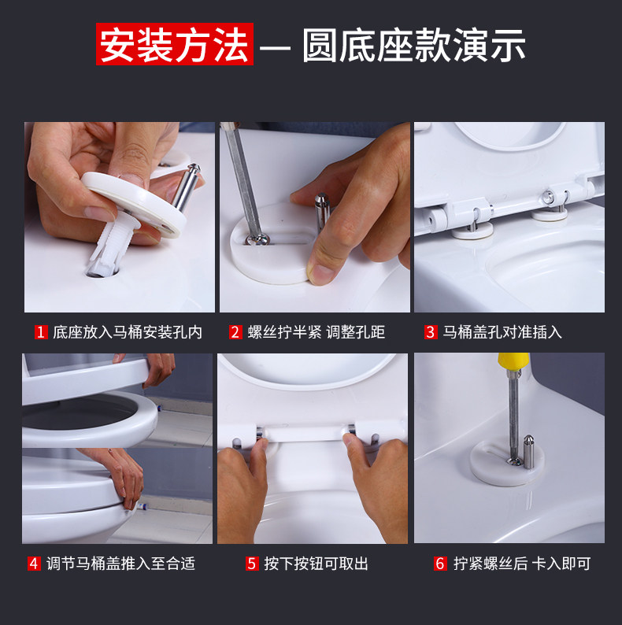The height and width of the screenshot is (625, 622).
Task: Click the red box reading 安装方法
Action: click(x=175, y=44)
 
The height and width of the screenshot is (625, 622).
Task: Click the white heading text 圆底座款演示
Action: click(x=414, y=45)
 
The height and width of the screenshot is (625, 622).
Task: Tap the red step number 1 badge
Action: click(x=41, y=332)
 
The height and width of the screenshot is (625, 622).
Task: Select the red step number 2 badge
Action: click(x=235, y=332)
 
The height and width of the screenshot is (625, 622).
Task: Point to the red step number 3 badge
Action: click(x=431, y=332)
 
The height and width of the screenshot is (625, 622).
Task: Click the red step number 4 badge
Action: click(x=34, y=564)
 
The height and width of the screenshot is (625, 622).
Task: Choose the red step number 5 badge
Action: click(x=252, y=564)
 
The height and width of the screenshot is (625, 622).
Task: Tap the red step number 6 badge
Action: click(x=440, y=564)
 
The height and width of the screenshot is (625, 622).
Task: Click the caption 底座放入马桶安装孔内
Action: click(x=128, y=332)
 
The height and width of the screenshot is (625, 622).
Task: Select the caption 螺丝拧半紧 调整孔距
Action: click(x=317, y=332)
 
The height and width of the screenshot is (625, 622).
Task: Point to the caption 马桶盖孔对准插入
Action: click(x=502, y=332)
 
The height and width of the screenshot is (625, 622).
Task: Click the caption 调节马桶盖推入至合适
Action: click(x=120, y=564)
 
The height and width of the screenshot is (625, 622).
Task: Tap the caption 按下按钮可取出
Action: click(x=317, y=564)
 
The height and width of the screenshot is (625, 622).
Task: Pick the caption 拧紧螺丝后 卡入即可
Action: click(x=522, y=564)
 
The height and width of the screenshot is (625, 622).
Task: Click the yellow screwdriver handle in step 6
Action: click(x=513, y=361)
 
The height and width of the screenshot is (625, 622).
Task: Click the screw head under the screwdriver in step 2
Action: click(x=258, y=239)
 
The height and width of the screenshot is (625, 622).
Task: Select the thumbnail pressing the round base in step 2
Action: click(x=320, y=272)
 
